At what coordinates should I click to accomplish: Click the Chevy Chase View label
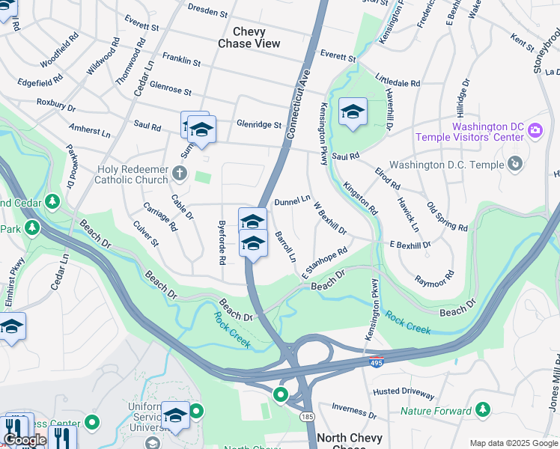pos(249,37)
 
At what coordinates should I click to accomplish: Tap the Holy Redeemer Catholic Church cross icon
pos(179,174)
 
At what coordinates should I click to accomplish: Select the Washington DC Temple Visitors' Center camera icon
pos(535,130)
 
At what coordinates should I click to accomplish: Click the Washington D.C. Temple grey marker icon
pos(515,163)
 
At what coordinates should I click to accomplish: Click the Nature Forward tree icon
pos(484,409)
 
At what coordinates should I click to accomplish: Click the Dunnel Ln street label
pos(292,201)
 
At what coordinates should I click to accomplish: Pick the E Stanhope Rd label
pos(325,265)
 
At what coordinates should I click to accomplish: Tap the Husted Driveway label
pos(404,391)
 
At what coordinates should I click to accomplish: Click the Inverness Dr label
pos(353,410)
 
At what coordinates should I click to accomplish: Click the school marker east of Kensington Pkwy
pos(353,113)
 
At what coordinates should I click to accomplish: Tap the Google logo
pos(25,440)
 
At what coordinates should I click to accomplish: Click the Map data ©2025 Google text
pos(513,443)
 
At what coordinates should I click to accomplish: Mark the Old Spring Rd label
pos(446,216)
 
